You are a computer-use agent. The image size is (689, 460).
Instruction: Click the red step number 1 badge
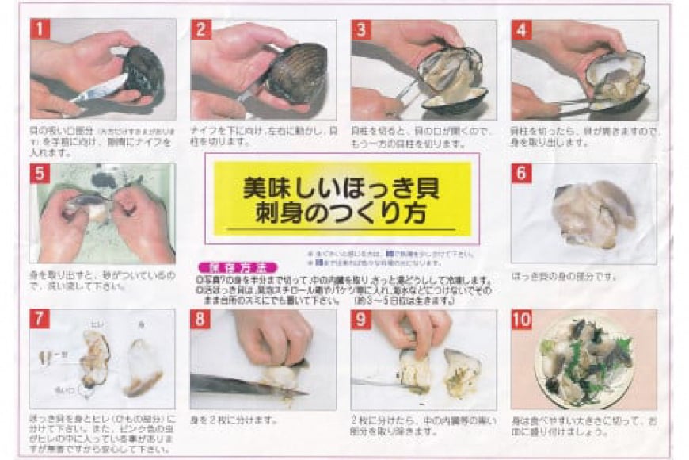pos(40,30)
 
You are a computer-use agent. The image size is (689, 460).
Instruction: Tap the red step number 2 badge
pos(202,30)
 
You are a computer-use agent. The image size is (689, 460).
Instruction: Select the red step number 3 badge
pos(362,30)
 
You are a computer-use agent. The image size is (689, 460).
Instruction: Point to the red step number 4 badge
pos(521,30)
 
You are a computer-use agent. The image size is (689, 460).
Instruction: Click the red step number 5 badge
pos(40,174)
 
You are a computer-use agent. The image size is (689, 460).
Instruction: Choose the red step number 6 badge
pos(521,174)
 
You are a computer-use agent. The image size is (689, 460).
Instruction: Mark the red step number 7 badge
pos(40,320)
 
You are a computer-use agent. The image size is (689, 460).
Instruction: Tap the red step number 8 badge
pos(202,320)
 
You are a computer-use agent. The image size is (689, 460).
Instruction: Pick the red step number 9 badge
pos(362,320)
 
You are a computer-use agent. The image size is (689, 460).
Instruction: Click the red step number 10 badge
pos(523,320)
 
